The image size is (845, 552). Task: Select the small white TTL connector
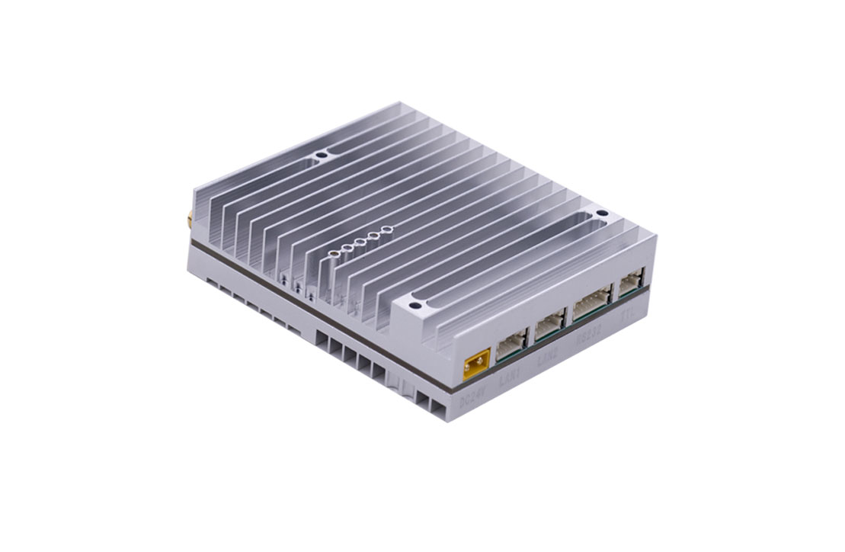(632, 285)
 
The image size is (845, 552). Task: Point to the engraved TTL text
(629, 313)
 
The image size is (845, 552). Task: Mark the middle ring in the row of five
(360, 242)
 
